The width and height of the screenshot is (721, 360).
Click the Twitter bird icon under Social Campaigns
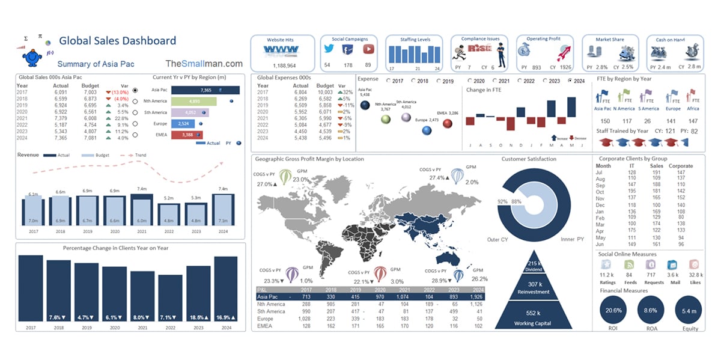point(329,50)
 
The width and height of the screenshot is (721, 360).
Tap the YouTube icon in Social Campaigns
point(368,50)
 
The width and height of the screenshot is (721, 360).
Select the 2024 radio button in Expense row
point(570,81)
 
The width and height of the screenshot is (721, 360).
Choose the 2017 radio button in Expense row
point(389,81)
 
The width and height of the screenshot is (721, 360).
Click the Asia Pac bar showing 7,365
point(205,90)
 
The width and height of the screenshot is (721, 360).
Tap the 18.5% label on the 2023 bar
point(198,317)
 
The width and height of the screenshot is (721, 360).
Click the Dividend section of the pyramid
point(517,266)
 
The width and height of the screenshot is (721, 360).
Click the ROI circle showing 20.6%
point(613,310)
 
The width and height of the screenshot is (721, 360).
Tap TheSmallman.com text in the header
point(204,64)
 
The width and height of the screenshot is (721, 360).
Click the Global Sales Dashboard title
point(117,41)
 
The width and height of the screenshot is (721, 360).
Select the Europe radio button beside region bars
point(135,124)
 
